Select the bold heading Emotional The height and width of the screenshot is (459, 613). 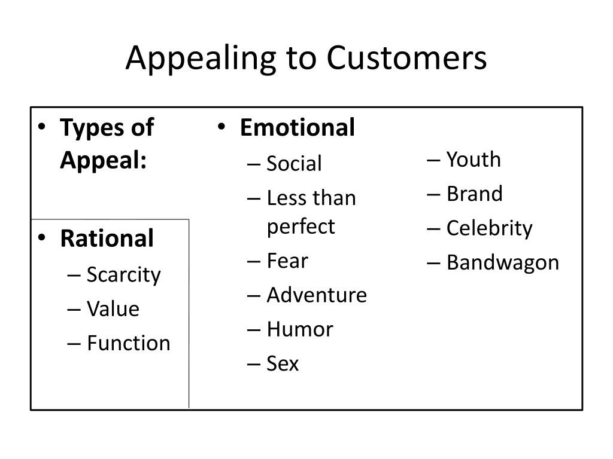point(298,127)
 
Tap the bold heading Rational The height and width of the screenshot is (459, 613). point(107,238)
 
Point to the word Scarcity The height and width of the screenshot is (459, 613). point(123,275)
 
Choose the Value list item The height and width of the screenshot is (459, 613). point(113,309)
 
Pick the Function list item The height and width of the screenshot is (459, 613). point(129,343)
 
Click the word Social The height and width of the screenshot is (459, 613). point(294,163)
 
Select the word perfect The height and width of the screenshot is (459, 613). point(301,227)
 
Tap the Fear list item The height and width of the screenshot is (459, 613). point(287,261)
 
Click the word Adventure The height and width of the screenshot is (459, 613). point(317,295)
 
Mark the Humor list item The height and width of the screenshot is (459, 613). point(300,329)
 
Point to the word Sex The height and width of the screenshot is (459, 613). point(283,363)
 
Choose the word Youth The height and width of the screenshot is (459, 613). point(474,159)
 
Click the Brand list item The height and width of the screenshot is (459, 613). point(475,194)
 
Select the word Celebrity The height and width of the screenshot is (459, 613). point(490,229)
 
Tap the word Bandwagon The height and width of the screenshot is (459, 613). point(503,263)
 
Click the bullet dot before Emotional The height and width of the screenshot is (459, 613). point(221,127)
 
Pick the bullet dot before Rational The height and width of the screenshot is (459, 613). point(42,237)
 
